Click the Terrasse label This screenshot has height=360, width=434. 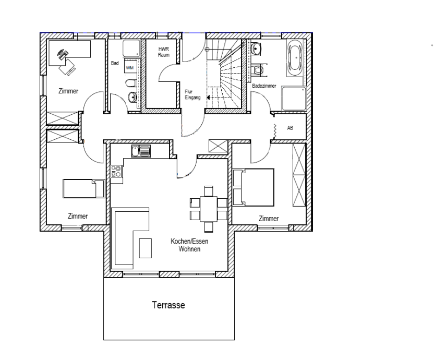(168, 305)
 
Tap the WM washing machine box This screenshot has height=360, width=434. (130, 68)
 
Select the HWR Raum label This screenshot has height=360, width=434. (164, 52)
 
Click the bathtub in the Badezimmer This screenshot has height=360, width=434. (296, 58)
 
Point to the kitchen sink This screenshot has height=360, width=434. (141, 151)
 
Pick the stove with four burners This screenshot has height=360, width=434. (116, 171)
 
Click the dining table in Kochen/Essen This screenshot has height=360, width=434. (209, 209)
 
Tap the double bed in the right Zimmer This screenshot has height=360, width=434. (254, 187)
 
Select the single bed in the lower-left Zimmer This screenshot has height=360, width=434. (84, 188)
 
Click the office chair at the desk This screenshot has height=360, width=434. (67, 66)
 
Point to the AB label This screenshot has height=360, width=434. (290, 128)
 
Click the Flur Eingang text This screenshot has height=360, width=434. (192, 94)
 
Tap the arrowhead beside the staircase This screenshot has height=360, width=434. (208, 98)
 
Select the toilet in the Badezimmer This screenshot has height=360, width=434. (258, 70)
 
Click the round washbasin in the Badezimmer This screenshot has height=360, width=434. (256, 49)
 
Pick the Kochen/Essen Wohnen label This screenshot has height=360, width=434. (189, 245)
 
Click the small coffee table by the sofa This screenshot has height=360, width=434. (146, 248)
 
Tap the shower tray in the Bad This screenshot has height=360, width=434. (132, 49)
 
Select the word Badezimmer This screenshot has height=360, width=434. (264, 86)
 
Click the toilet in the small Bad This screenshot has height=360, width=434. (130, 82)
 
